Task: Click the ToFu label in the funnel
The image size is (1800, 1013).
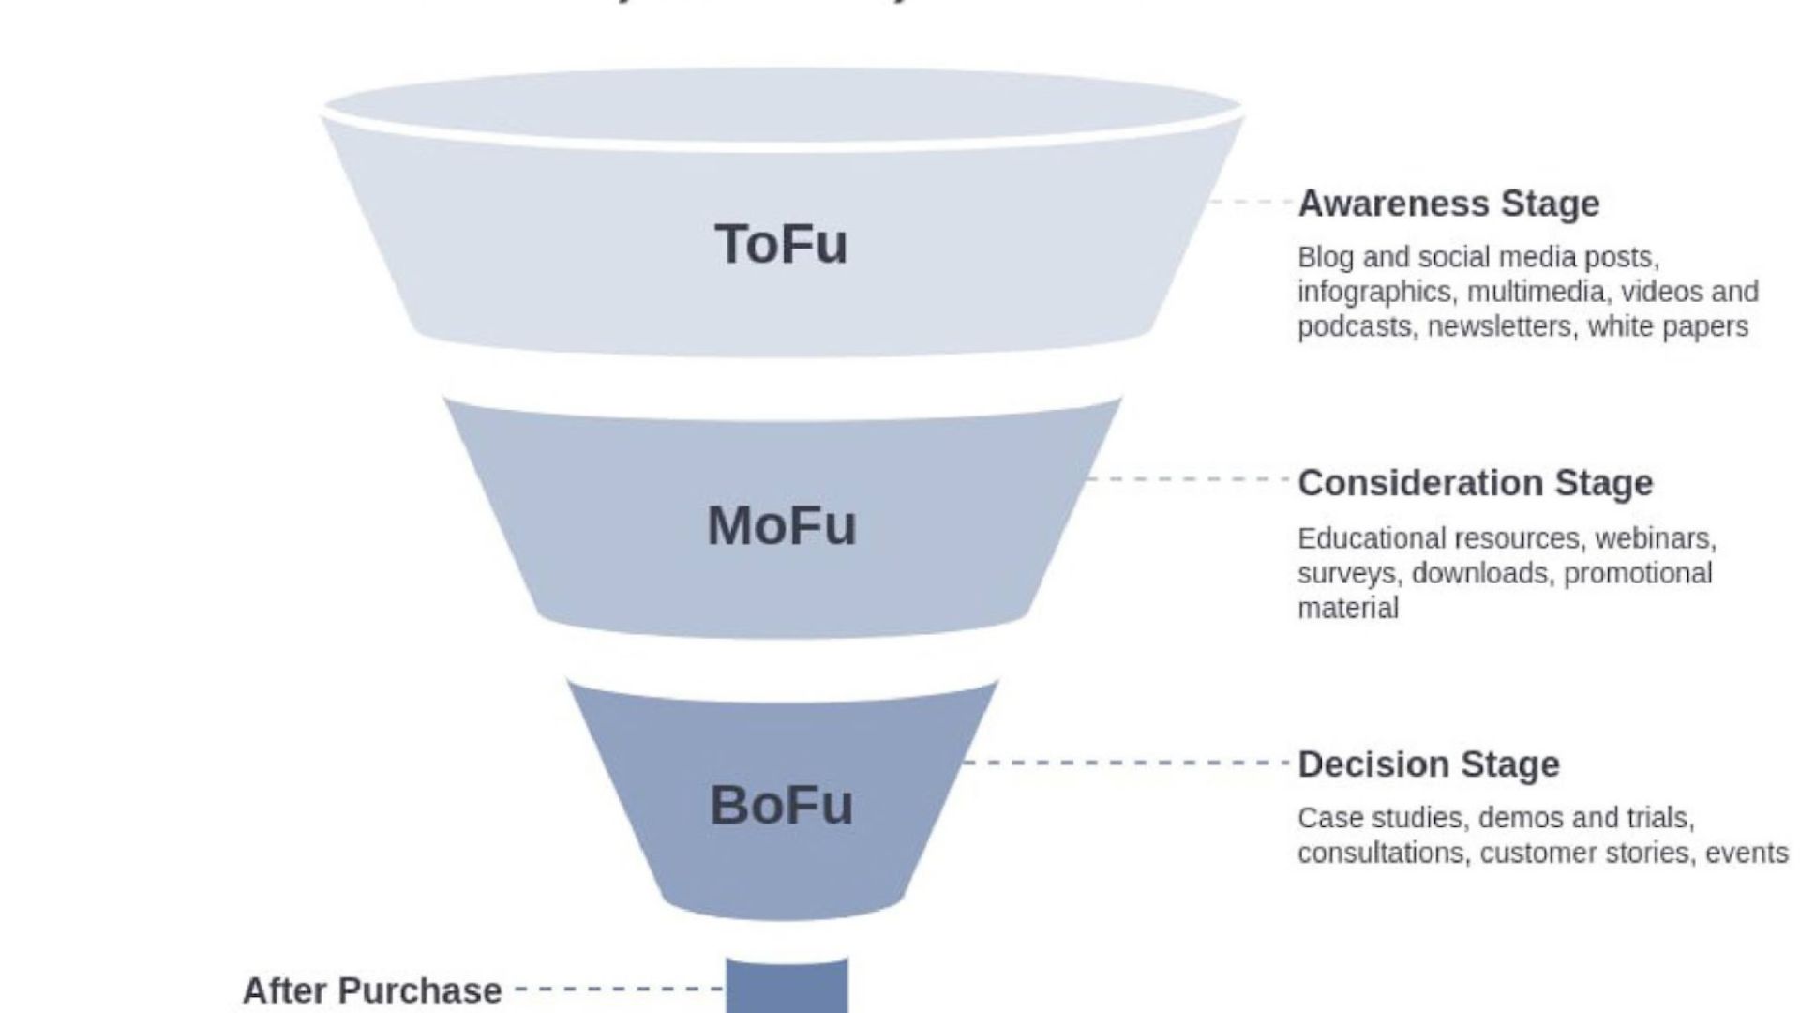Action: (781, 244)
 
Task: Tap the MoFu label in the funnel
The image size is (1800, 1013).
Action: (781, 525)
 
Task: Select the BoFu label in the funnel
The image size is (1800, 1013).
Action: (781, 806)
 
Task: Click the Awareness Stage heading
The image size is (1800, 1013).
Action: (1448, 204)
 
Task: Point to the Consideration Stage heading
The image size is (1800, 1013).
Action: (1475, 483)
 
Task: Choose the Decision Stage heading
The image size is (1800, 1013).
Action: (1429, 764)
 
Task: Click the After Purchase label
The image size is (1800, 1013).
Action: (372, 990)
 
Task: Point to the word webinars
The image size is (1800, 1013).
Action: (1655, 539)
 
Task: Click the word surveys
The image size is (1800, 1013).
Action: (1349, 574)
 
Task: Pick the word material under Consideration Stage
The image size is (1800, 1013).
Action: (1348, 609)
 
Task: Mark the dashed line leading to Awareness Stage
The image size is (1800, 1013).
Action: (1251, 202)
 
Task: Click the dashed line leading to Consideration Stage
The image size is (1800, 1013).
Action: (1188, 479)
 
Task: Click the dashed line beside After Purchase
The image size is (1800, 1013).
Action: (619, 989)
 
